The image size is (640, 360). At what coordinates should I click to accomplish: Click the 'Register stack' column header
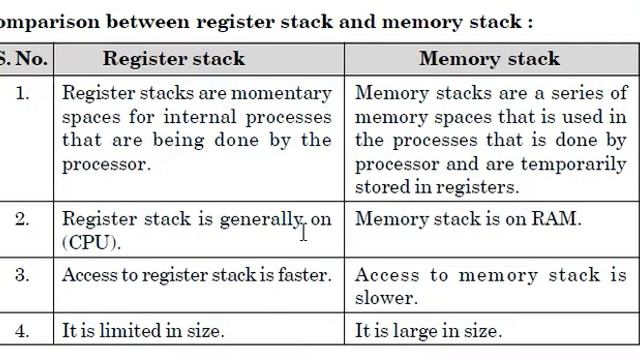pos(174,58)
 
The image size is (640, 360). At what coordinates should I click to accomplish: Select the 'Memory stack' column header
pos(489,58)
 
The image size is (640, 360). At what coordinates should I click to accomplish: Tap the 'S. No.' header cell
pos(23,58)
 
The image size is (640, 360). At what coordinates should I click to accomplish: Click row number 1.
pos(23,93)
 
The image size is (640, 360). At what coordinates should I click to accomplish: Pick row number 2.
pos(23,218)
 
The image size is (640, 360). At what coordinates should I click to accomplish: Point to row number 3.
pos(23,275)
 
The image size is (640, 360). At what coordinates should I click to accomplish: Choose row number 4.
pos(23,330)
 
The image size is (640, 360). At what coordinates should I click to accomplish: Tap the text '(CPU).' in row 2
pos(91,242)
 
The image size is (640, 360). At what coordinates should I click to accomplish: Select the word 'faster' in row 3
pos(302,275)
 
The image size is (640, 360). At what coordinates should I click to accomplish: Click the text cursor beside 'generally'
pos(303,232)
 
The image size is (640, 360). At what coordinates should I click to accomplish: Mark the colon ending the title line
pos(530,20)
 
